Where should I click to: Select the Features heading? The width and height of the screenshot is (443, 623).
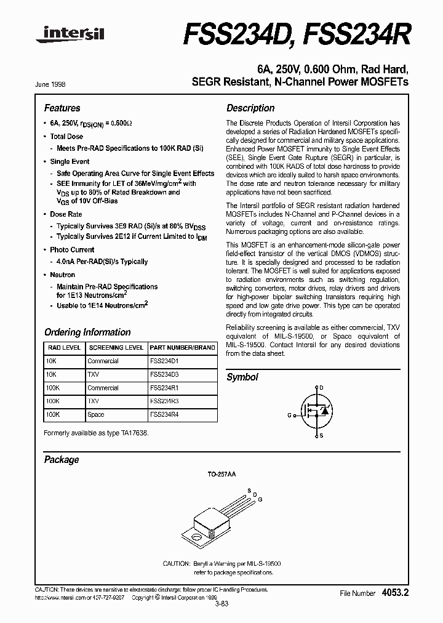tap(62, 108)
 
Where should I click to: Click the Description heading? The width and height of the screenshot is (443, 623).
tap(250, 108)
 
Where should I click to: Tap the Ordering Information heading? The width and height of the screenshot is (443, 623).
tap(87, 332)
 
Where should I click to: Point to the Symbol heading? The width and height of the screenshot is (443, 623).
tap(242, 377)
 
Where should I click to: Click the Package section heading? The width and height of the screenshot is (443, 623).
tap(62, 459)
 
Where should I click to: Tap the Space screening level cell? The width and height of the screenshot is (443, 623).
tap(96, 415)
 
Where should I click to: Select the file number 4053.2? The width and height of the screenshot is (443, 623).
tap(394, 592)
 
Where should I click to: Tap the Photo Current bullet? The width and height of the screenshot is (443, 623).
tap(72, 250)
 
